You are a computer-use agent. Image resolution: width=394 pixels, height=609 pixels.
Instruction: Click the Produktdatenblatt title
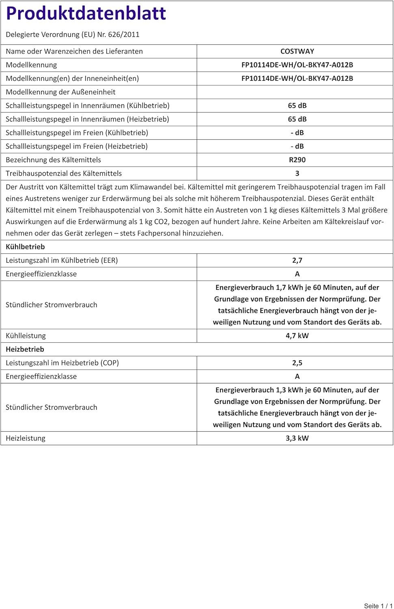click(86, 13)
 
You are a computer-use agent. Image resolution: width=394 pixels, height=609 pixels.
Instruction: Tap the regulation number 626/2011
click(123, 35)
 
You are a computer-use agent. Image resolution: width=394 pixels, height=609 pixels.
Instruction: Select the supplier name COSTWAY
click(297, 51)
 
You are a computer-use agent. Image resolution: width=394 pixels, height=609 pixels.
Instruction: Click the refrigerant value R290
click(297, 160)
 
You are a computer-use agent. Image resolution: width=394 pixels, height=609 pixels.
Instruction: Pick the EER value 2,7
click(297, 260)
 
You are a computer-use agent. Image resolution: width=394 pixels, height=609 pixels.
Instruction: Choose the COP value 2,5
click(297, 363)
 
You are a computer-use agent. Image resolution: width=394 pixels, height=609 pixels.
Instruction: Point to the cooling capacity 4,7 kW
click(297, 335)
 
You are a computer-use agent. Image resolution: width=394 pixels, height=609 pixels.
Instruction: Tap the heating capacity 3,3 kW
click(297, 438)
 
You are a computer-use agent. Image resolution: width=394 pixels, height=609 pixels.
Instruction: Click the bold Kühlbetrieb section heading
click(25, 246)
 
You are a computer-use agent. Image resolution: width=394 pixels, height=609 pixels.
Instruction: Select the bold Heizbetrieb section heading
click(25, 349)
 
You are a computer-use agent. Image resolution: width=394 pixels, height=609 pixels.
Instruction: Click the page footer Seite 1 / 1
click(378, 606)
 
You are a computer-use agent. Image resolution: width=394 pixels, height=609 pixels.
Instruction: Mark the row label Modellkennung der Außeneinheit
click(60, 92)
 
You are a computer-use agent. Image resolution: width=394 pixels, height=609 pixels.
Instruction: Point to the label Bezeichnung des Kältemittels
click(53, 160)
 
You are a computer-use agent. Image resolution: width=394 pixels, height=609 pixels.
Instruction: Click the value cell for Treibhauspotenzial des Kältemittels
click(297, 173)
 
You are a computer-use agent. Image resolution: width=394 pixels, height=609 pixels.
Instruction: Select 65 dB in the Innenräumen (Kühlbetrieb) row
click(297, 106)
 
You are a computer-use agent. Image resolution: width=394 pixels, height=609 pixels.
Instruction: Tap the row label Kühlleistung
click(26, 335)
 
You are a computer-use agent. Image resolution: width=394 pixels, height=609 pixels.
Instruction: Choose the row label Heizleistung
click(26, 438)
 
